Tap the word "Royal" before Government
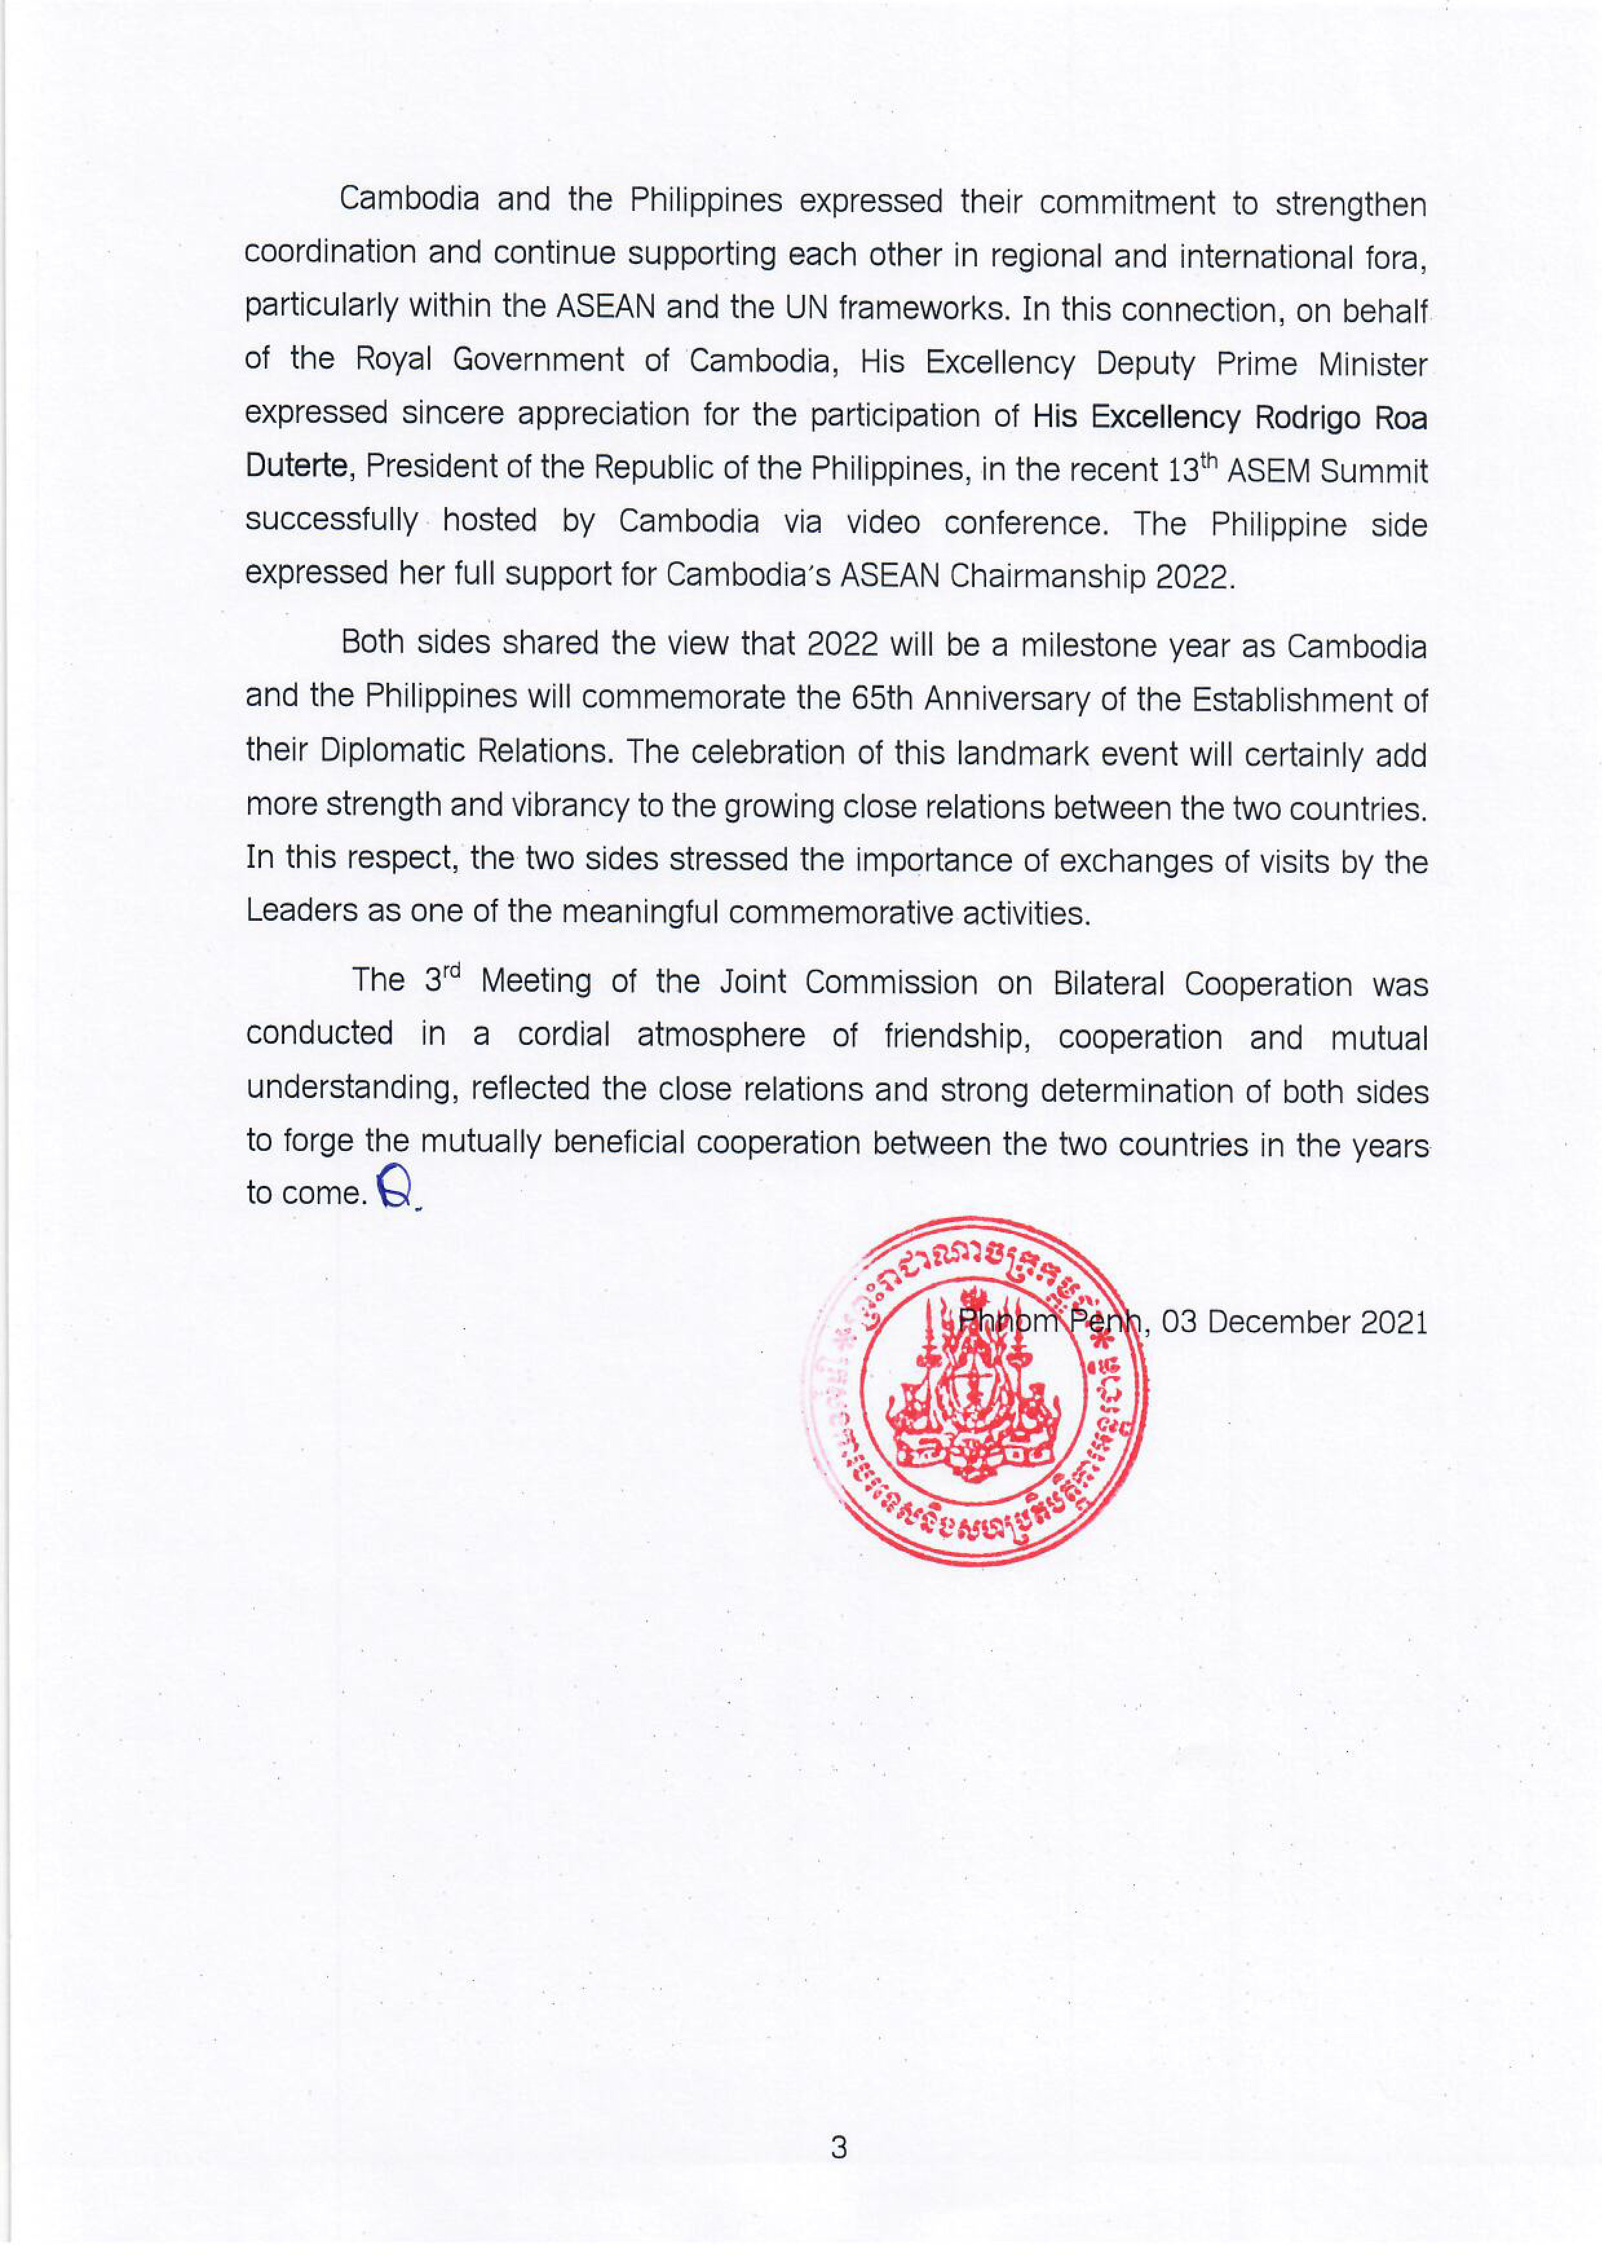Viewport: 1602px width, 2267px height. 393,360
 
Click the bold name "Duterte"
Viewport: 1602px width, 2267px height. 297,466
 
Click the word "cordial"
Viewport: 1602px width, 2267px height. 564,1034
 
